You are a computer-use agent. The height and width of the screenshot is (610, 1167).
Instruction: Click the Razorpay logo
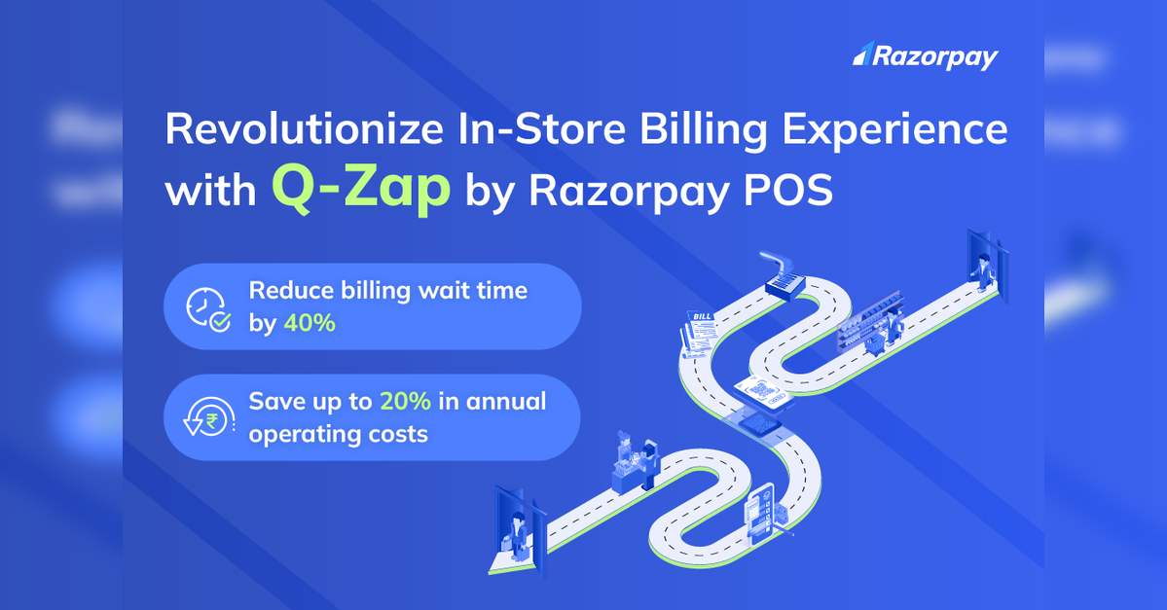pos(925,55)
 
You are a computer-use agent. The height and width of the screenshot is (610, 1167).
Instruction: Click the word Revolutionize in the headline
pos(304,128)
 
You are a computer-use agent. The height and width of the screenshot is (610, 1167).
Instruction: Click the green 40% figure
pos(310,323)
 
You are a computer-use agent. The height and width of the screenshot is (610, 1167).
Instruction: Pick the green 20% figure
pos(406,401)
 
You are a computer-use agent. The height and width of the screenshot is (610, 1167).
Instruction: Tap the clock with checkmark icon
pos(208,308)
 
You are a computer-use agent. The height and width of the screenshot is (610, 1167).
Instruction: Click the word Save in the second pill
pos(274,401)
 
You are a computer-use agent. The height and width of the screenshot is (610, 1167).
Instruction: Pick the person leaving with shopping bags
pos(516,536)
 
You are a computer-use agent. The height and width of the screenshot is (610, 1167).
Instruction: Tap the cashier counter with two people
pos(636,464)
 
